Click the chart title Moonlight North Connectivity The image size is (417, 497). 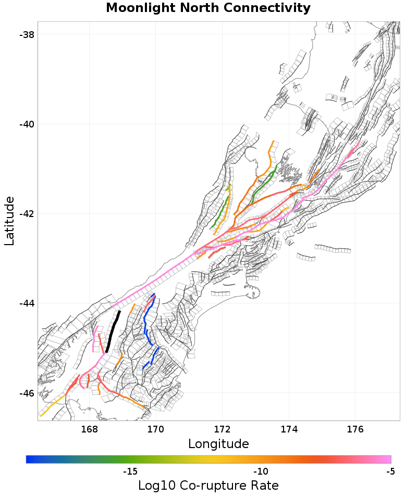[208, 8]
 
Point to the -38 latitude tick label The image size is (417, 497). [27, 35]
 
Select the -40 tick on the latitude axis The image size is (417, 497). [27, 124]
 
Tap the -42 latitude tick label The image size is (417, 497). [27, 214]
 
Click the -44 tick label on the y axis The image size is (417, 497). [27, 303]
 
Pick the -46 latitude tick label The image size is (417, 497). [27, 393]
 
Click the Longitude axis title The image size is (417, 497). [218, 444]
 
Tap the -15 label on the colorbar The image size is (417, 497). [130, 471]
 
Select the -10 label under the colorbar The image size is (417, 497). [260, 471]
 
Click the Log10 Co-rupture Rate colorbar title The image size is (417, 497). [208, 486]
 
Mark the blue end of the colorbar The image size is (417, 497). [29, 459]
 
